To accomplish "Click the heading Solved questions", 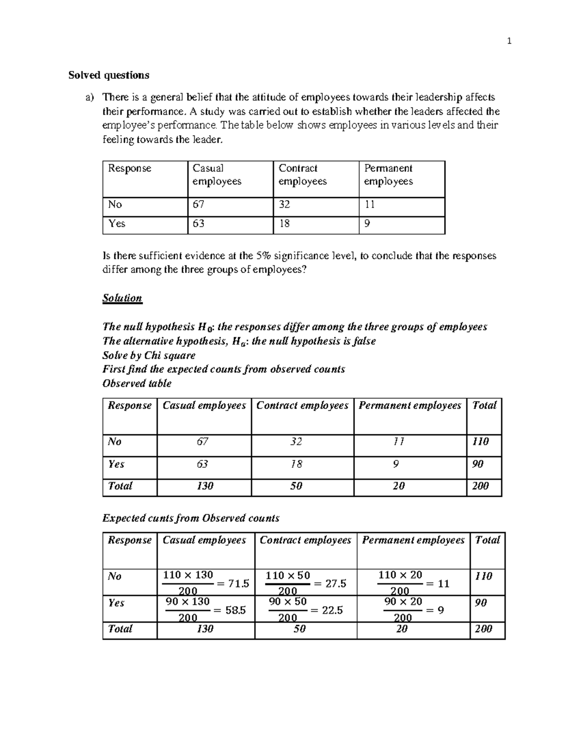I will [108, 75].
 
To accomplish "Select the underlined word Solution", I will [122, 298].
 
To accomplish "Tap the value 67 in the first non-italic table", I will [199, 204].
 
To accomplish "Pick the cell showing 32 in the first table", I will [284, 204].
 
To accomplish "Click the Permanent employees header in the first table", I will [388, 175].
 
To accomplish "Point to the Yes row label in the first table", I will [117, 223].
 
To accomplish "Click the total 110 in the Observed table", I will [480, 442].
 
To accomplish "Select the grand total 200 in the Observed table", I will [480, 486].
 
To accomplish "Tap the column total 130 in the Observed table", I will [205, 486].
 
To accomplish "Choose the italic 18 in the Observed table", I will [296, 464].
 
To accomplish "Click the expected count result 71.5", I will [238, 583].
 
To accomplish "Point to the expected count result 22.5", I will [332, 610].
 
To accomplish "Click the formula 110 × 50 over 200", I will [288, 583].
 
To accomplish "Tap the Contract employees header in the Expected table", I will [305, 540].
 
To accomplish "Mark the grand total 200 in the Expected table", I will [483, 629].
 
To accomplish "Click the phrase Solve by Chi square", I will [149, 355].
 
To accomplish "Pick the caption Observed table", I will [137, 384].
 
